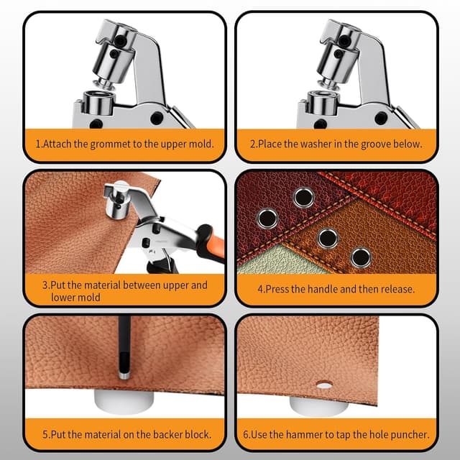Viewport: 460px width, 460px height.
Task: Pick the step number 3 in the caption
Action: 45,285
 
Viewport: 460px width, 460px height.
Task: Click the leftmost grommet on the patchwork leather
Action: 268,216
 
